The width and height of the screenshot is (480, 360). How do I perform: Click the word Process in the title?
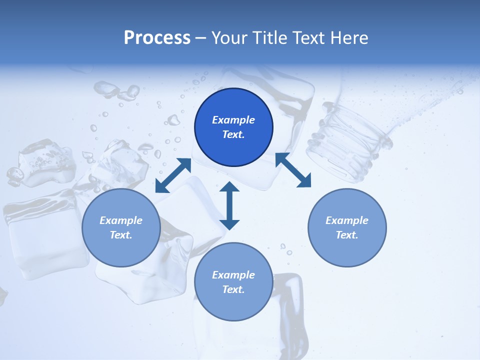157,38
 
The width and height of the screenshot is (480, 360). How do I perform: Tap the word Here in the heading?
348,38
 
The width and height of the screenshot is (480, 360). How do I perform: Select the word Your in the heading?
230,38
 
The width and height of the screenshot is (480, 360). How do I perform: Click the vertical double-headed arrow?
229,205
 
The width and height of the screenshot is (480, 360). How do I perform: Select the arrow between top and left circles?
173,175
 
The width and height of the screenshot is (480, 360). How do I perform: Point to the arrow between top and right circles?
293,170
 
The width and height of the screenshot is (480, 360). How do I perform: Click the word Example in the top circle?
233,120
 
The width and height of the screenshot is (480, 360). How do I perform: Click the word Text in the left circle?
121,235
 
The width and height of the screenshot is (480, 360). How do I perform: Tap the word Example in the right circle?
347,220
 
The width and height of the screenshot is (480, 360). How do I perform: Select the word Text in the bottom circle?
233,289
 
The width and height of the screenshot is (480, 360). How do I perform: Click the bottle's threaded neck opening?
350,140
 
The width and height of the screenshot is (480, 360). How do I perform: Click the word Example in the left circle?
121,220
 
